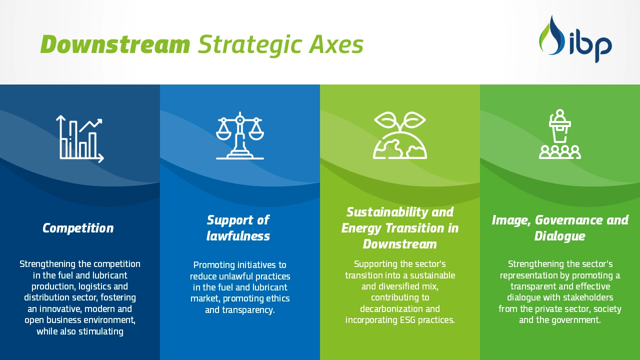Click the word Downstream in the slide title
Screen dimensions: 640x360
(115, 44)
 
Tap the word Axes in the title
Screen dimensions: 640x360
(336, 44)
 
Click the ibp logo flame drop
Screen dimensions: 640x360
(551, 35)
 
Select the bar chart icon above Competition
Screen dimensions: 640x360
(79, 139)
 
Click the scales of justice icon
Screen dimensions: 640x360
(239, 135)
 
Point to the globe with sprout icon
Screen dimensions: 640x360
(400, 135)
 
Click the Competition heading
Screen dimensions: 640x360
(78, 228)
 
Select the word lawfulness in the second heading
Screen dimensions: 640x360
(238, 236)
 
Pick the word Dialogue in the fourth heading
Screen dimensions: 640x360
(559, 236)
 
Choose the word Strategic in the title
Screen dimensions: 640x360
(249, 45)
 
